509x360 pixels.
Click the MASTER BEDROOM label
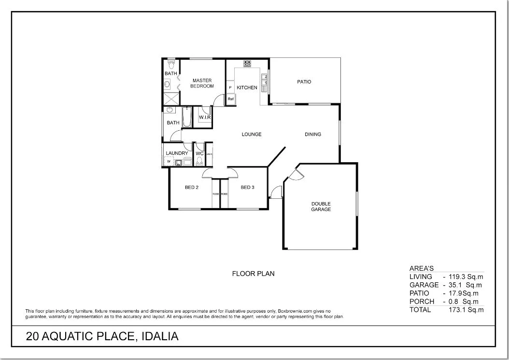202,83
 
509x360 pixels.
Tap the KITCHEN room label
247,88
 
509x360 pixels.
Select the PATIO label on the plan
304,82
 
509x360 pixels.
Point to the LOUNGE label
252,135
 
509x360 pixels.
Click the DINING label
313,135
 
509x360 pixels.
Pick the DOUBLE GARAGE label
321,207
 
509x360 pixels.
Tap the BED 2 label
192,188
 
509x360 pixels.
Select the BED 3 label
247,188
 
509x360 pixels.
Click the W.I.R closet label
205,117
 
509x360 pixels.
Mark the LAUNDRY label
176,153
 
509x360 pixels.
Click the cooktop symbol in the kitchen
248,63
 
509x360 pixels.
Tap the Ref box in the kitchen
231,99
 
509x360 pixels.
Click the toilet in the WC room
199,161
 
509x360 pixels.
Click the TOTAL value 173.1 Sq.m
466,310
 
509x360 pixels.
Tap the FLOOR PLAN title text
253,274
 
